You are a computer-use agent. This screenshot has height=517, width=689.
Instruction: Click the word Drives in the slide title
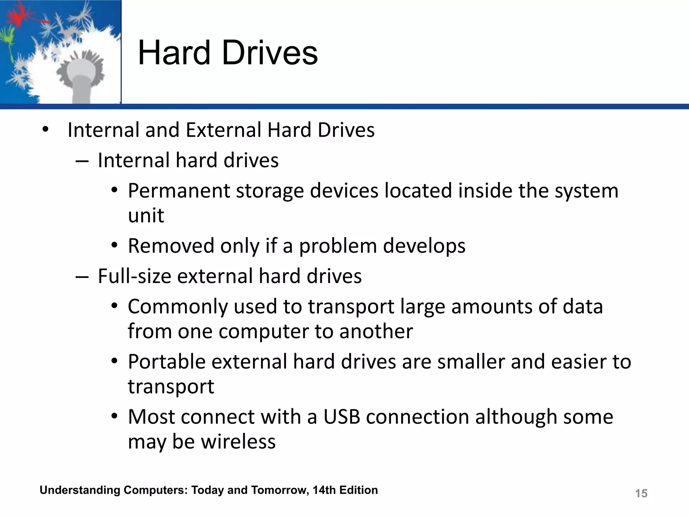270,53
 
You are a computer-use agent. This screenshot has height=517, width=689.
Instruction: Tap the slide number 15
641,493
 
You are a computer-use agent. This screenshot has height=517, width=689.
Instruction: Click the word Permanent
179,191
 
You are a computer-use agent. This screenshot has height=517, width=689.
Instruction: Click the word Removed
171,246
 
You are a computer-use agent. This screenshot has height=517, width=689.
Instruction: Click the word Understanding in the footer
80,490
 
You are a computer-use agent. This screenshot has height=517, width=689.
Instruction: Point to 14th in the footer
324,490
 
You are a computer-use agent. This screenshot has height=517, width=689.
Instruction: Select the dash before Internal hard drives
82,161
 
